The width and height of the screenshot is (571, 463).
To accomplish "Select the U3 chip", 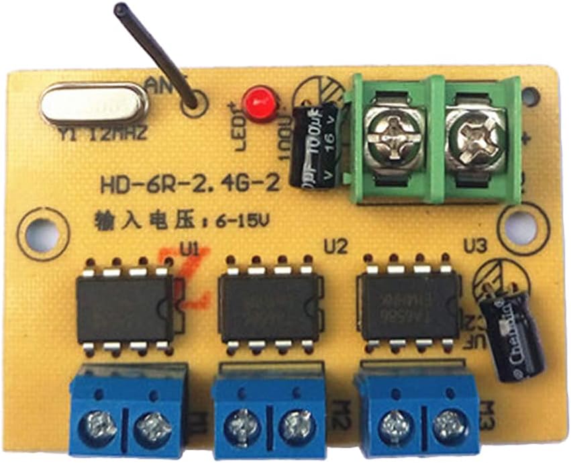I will [x=409, y=305].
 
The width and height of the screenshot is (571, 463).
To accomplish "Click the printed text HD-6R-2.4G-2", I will [x=189, y=185].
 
